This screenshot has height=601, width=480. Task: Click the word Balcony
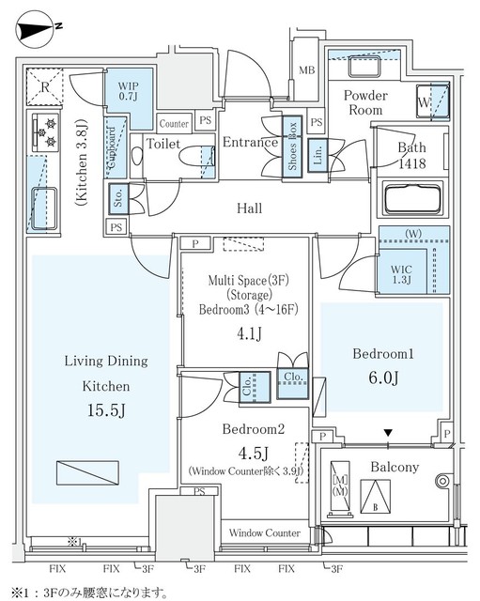coord(395,467)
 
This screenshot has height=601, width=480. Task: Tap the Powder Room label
coord(364,101)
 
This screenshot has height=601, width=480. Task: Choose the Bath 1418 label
coord(410,154)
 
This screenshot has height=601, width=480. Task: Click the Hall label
coord(249,208)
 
